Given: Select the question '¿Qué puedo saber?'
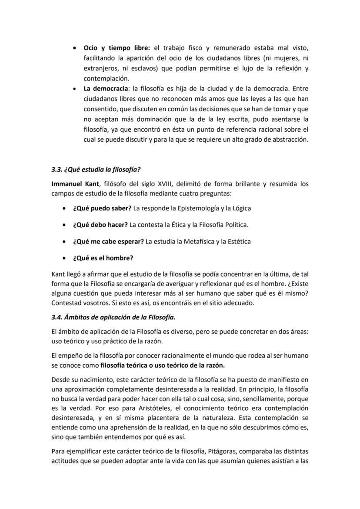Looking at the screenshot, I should tap(102, 208).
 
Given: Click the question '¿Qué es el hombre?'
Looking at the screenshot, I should tap(103, 258).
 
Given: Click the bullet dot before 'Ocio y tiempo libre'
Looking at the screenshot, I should tap(77, 48).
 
